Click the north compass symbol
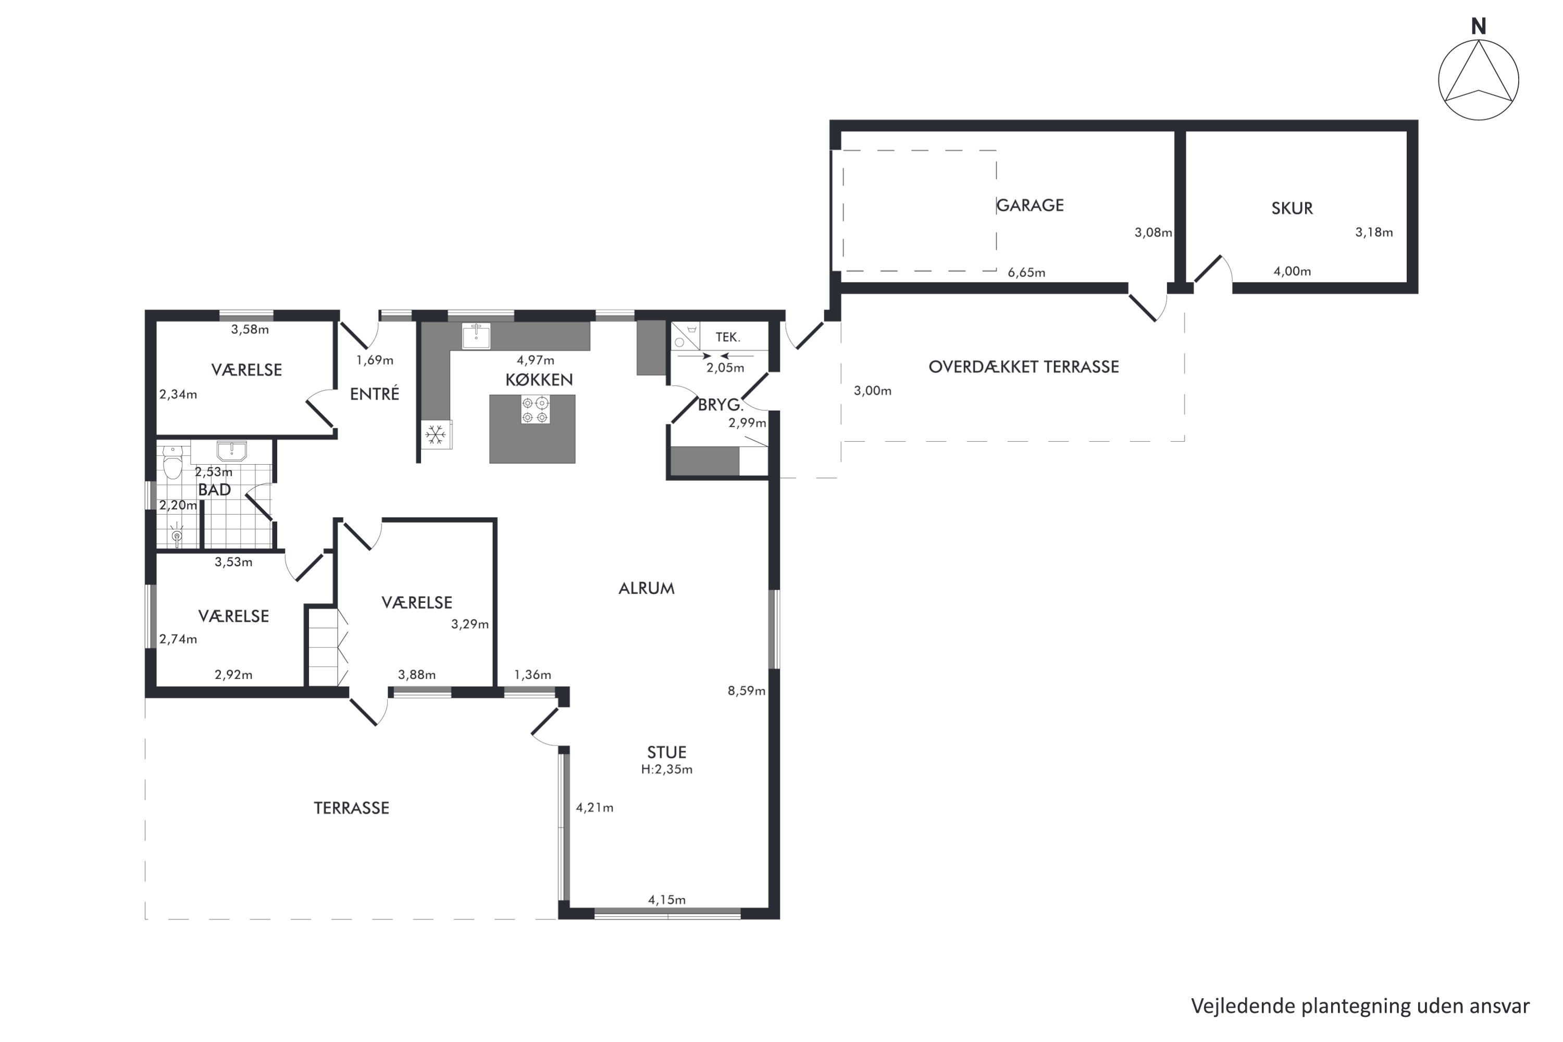(1478, 79)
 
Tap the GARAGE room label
(1030, 205)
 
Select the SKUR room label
(1292, 208)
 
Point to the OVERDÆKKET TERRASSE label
(1023, 367)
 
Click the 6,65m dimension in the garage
(1026, 272)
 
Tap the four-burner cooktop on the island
(535, 410)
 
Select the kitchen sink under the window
(476, 336)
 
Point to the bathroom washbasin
(232, 451)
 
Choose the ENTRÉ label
(375, 394)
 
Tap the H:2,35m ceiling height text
(666, 770)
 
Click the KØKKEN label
(539, 379)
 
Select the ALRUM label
(646, 588)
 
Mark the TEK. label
(728, 337)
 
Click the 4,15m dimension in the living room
(666, 900)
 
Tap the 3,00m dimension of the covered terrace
(873, 391)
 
